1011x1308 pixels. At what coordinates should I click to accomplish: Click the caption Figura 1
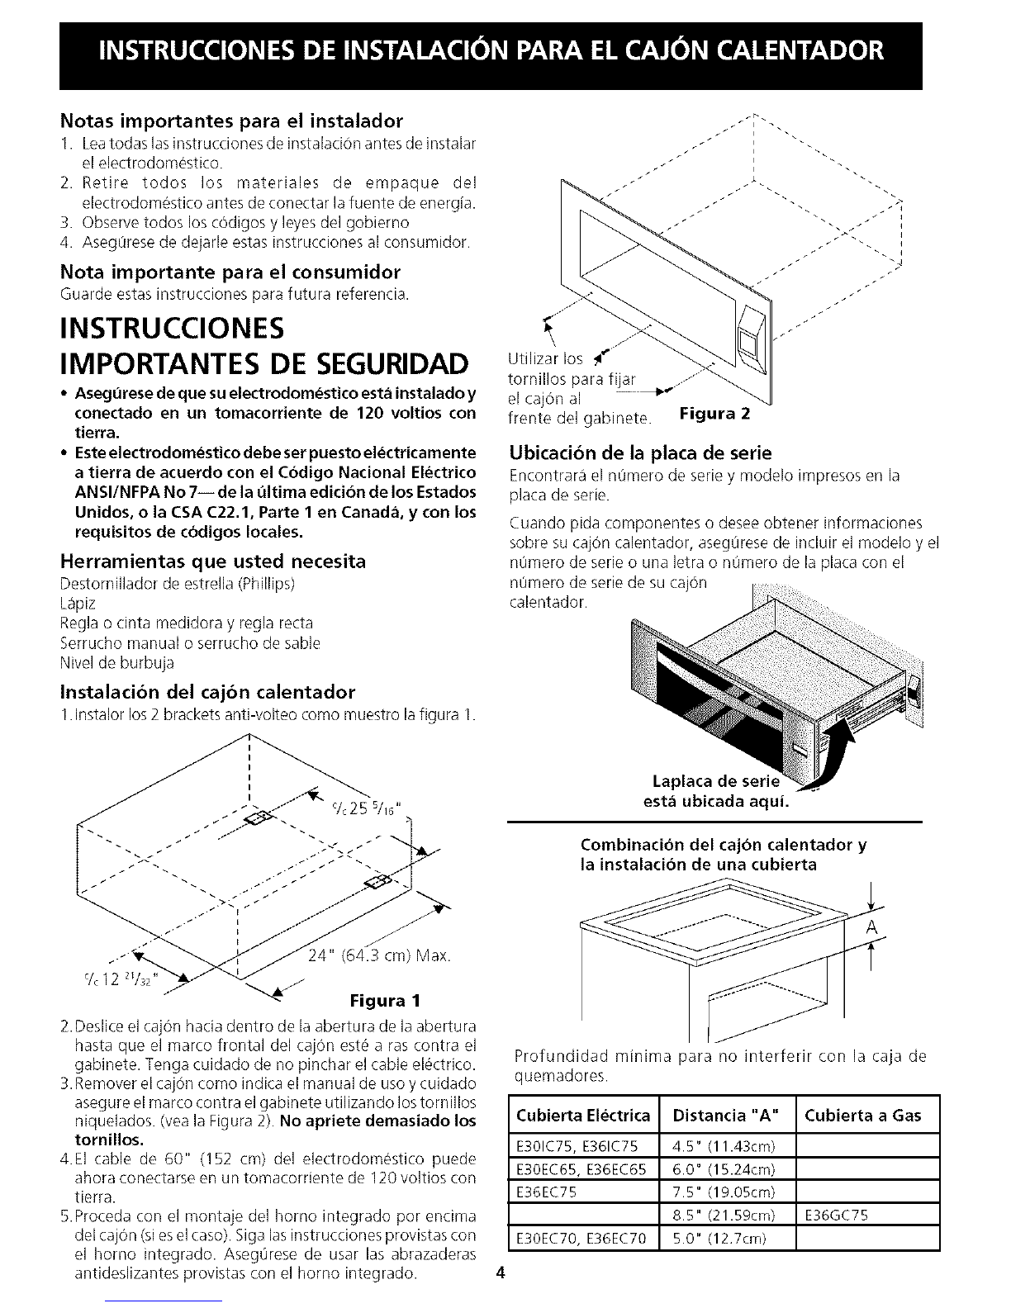coord(385,1001)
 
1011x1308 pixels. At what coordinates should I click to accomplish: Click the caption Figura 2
coord(714,414)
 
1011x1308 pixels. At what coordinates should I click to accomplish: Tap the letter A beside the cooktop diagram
coord(871,927)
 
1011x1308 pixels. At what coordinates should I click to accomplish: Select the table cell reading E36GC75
coord(837,1215)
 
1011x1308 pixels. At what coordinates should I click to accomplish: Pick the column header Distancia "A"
coord(726,1116)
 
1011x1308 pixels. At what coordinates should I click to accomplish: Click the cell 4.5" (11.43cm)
coord(724,1145)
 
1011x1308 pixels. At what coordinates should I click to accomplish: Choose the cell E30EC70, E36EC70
coord(581,1238)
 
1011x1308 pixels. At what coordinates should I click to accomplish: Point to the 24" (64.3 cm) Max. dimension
coord(379,955)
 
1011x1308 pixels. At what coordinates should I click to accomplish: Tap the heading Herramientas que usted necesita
coord(213,561)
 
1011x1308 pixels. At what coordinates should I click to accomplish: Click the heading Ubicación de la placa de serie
coord(641,452)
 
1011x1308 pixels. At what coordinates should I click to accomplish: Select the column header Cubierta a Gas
coord(863,1116)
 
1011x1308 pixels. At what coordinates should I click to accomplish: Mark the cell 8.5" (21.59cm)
coord(724,1215)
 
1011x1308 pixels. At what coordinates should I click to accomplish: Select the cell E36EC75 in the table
coord(547,1192)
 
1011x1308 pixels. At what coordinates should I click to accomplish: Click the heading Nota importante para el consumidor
coord(230,272)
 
